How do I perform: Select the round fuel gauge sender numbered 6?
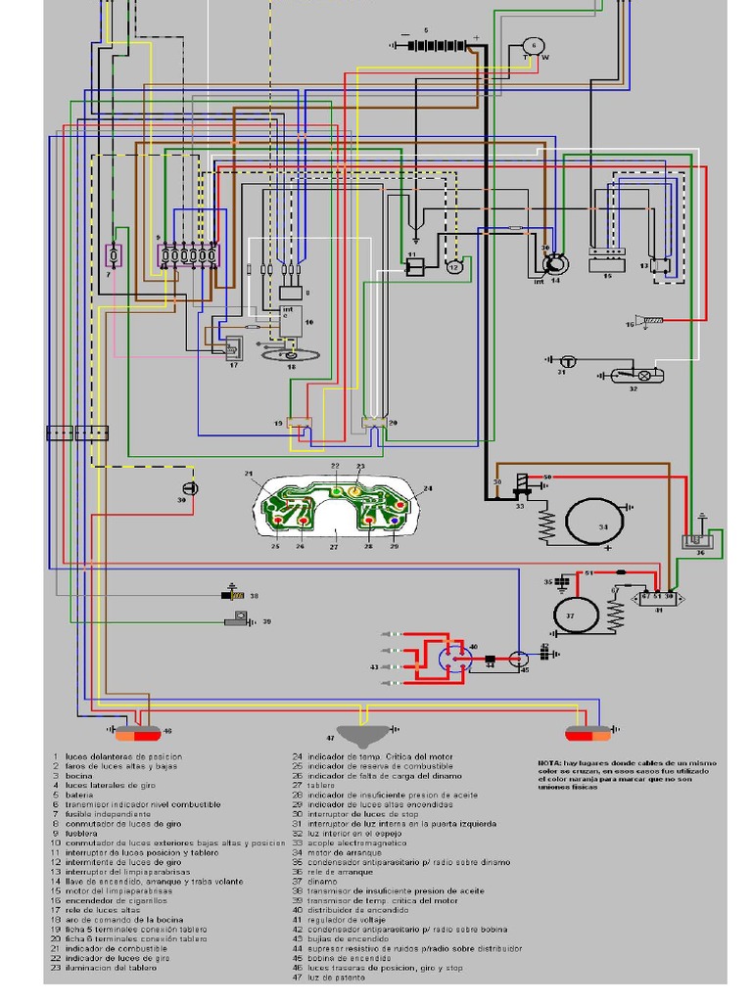[x=534, y=46]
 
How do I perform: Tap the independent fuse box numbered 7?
[x=115, y=255]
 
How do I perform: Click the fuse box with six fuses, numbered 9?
[x=188, y=255]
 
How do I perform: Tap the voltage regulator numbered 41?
[x=658, y=595]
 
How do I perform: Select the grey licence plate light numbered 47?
[x=364, y=734]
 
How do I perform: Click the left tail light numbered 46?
[x=138, y=733]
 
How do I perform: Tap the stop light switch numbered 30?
[x=190, y=488]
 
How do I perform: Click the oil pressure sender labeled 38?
[x=232, y=594]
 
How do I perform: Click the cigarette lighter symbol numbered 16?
[x=650, y=321]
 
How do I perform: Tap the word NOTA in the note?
[x=550, y=763]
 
